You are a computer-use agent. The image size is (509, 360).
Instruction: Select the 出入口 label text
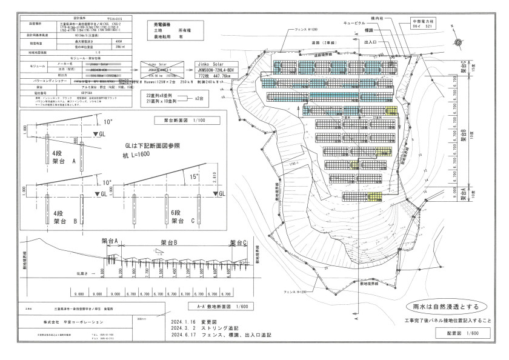tap(371, 42)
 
